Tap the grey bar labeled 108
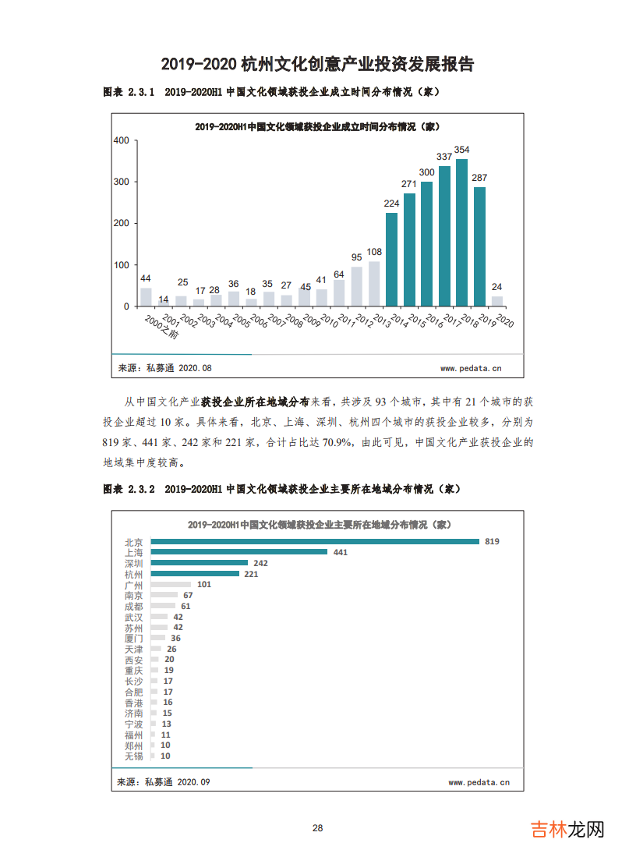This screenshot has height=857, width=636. pos(374,283)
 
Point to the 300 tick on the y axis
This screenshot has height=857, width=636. pos(121,182)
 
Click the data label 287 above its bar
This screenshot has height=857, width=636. pos(479,178)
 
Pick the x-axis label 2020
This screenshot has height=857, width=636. pos(503,322)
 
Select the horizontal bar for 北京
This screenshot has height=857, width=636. pos(315,541)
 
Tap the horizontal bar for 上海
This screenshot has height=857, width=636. pos(239,552)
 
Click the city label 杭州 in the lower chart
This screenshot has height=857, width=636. pos(133,574)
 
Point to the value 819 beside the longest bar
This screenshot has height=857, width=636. pos(491,541)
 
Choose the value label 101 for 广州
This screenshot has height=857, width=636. pos(204,584)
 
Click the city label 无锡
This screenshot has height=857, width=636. pos(133,756)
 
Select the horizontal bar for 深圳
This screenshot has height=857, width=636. pos(200,563)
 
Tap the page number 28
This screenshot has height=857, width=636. pos(317,828)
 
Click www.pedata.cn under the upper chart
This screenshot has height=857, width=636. pos(471,368)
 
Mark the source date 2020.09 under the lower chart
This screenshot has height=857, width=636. pos(194,781)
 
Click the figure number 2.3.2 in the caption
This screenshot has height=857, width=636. pos(142,489)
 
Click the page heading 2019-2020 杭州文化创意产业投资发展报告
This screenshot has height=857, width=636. pos(317,64)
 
